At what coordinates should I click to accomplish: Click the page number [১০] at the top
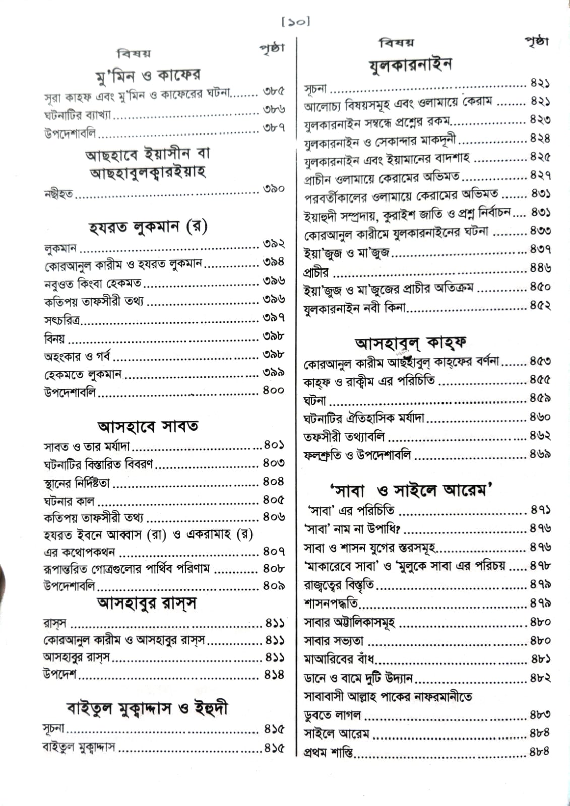(x=295, y=22)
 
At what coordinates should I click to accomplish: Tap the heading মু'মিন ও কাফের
(x=148, y=76)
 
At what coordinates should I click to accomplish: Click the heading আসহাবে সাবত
(x=148, y=427)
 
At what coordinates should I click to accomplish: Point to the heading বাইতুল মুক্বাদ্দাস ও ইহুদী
(x=147, y=708)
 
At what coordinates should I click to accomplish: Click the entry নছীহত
(x=58, y=194)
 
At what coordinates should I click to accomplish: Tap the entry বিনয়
(x=54, y=338)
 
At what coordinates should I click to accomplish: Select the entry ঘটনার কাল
(x=69, y=501)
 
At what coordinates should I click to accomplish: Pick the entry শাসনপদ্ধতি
(x=331, y=603)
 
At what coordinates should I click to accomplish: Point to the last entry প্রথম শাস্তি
(x=328, y=753)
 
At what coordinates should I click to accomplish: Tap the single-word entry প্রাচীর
(x=316, y=273)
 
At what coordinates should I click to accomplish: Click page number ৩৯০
(x=274, y=189)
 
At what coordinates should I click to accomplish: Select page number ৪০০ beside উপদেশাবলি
(x=274, y=390)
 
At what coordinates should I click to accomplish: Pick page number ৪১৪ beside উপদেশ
(x=274, y=675)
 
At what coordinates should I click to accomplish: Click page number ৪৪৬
(x=540, y=268)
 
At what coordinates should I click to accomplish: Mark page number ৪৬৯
(x=540, y=454)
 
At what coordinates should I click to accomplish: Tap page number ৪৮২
(x=540, y=678)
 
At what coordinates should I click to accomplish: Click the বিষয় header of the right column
(x=397, y=43)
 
